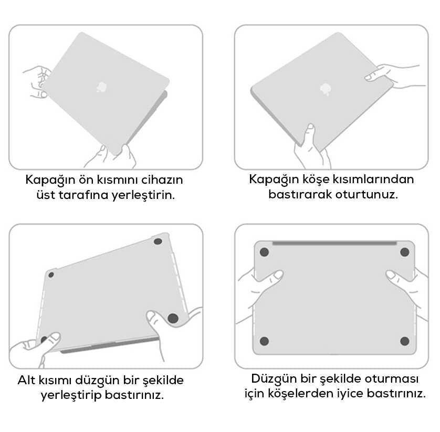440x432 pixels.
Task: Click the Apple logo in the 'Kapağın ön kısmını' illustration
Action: click(x=100, y=87)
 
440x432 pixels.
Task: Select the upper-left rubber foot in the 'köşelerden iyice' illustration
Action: click(x=265, y=252)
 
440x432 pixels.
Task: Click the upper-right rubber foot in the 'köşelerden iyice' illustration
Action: click(x=404, y=252)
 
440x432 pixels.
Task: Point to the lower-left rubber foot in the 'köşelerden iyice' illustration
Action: click(x=264, y=341)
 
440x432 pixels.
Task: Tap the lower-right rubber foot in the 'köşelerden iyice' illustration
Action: click(x=404, y=341)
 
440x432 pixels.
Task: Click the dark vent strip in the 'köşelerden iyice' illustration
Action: click(x=334, y=243)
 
